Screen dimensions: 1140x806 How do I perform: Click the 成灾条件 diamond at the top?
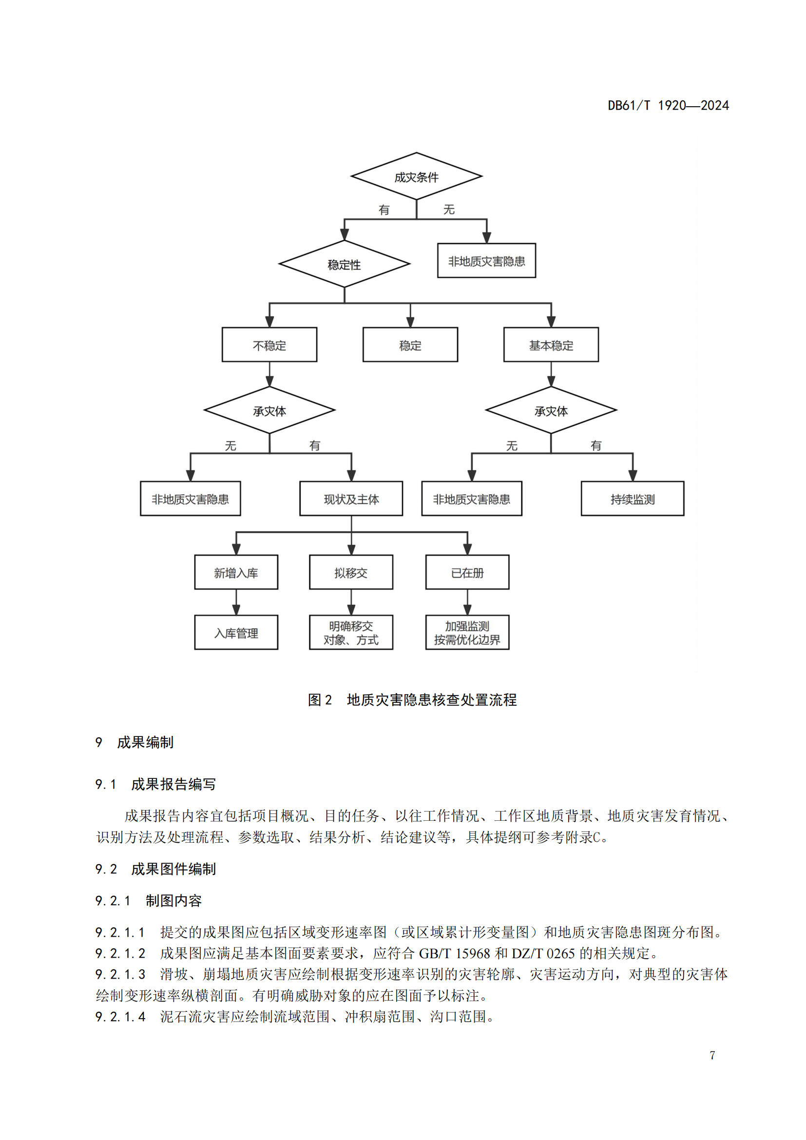click(416, 177)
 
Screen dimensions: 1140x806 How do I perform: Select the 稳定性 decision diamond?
click(344, 264)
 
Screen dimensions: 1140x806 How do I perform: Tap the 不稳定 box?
click(269, 345)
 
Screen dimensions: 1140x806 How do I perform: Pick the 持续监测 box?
click(632, 499)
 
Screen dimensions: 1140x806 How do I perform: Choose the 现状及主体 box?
click(351, 499)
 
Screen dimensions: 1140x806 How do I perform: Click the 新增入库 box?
click(236, 573)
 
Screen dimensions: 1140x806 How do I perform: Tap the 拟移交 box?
click(351, 573)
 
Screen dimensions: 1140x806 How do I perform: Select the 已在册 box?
click(467, 573)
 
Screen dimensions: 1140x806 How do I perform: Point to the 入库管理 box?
click(236, 633)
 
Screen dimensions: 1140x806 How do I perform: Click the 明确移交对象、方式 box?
click(351, 633)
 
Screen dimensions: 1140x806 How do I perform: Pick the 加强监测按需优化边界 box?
click(467, 633)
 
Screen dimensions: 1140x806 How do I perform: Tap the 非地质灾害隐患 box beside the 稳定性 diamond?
click(486, 261)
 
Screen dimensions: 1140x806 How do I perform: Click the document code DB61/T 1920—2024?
click(668, 105)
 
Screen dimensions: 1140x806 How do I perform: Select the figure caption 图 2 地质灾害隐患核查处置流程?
click(412, 699)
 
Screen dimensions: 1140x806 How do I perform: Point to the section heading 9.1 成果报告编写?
click(155, 784)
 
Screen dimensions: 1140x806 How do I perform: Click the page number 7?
click(712, 1055)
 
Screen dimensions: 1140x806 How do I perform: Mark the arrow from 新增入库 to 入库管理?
click(236, 602)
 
